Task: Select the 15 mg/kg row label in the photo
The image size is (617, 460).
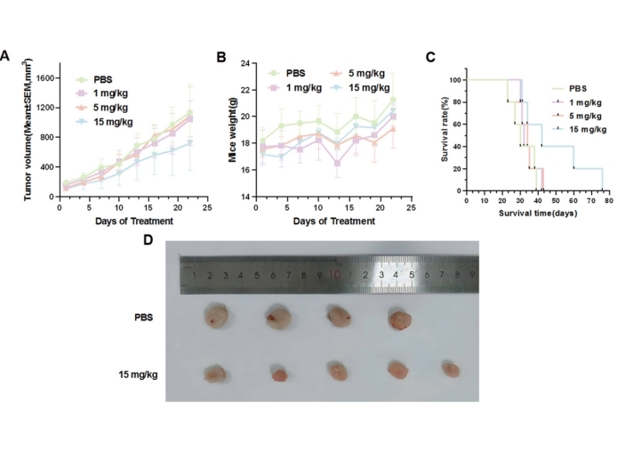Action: pos(140,374)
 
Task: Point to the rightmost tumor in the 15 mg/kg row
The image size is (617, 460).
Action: pos(451,370)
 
